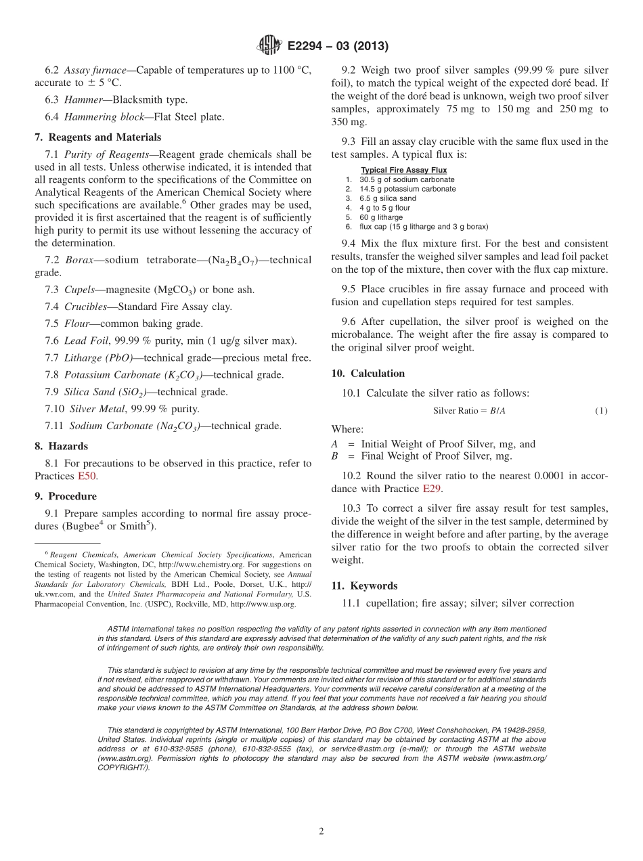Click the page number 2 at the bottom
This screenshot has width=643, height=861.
click(321, 832)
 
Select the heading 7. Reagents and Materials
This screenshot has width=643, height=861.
click(98, 137)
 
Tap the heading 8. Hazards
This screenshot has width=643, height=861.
click(61, 446)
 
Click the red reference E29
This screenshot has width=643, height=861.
click(430, 488)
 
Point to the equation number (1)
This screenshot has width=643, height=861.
click(601, 411)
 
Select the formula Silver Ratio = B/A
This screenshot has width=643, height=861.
click(469, 411)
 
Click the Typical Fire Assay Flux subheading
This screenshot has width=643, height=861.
click(403, 170)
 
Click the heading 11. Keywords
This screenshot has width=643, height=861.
click(364, 586)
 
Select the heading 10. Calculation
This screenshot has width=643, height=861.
click(368, 374)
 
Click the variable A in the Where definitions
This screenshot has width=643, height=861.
click(334, 444)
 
